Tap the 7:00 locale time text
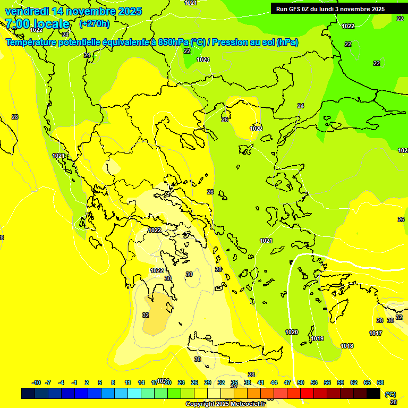(37, 24)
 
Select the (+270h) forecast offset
(94, 24)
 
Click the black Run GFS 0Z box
(335, 8)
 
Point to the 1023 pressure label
(203, 59)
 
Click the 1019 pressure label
(318, 338)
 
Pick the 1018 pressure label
(347, 346)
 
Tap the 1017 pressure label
(376, 333)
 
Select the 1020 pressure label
(292, 332)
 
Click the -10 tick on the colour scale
(36, 382)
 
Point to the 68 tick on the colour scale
(380, 382)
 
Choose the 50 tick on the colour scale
(301, 382)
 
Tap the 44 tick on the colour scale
(274, 382)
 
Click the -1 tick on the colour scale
(74, 382)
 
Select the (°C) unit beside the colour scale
(390, 394)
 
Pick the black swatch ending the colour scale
(374, 394)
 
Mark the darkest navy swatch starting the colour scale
(28, 394)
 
